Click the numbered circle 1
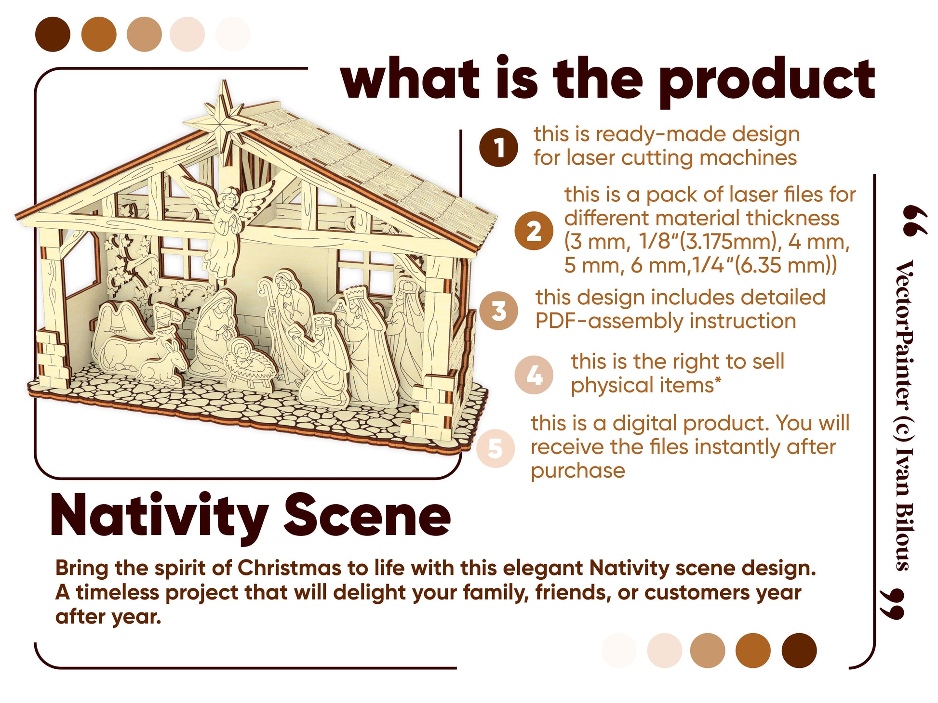(x=498, y=147)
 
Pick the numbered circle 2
(x=533, y=231)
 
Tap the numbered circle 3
(x=498, y=311)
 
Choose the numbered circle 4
(x=533, y=375)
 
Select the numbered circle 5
(x=496, y=448)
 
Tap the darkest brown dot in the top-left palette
(x=53, y=34)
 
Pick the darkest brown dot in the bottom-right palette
(x=799, y=650)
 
